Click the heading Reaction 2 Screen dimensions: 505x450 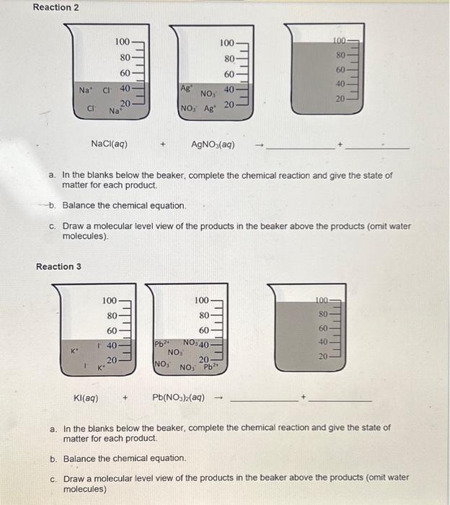click(56, 7)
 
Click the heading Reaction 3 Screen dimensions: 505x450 click(58, 266)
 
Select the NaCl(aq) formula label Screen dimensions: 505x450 click(110, 144)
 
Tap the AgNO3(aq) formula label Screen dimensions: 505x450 click(213, 144)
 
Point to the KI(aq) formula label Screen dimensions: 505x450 click(87, 397)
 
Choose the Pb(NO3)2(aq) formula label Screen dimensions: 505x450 click(178, 397)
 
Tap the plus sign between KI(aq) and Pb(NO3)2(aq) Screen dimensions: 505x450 click(127, 397)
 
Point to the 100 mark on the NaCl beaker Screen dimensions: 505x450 click(123, 43)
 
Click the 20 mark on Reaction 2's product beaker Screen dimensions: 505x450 click(340, 97)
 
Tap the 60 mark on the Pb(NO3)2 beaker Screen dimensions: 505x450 click(203, 330)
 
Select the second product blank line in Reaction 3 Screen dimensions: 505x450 click(343, 400)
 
